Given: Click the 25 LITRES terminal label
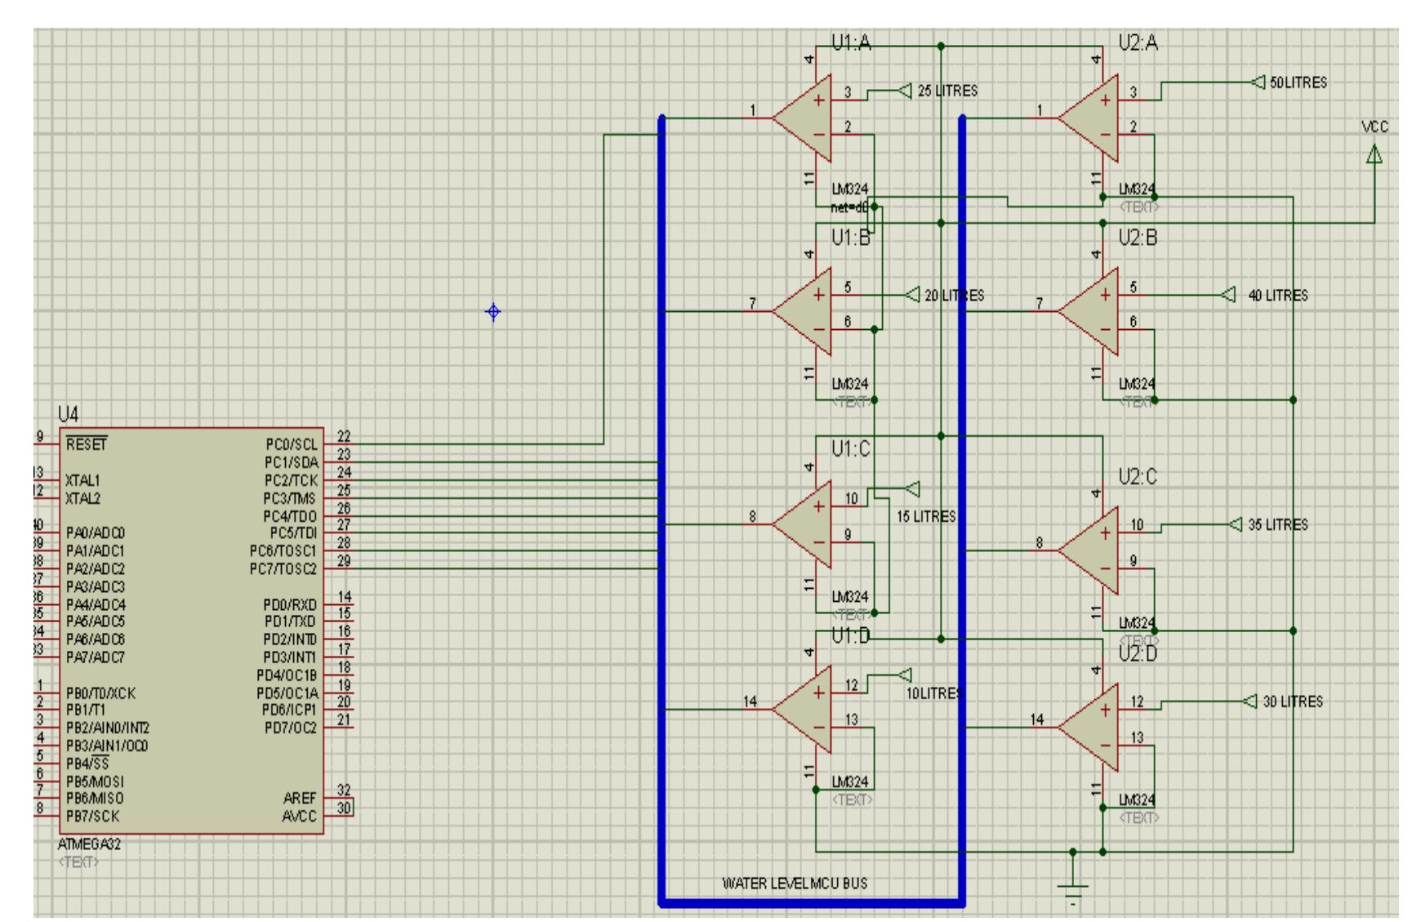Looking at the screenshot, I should [947, 91].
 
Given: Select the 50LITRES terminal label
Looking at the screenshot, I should [1298, 82].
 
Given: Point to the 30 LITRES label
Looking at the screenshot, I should [1293, 702].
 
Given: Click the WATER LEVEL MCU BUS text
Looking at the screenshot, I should [794, 883].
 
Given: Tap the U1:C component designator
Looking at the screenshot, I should [851, 449].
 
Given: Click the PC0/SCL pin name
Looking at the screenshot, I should [291, 445].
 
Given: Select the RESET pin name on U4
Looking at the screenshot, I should [87, 445].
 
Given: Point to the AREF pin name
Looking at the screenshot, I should [300, 798].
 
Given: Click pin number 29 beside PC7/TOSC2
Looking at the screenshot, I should [344, 561].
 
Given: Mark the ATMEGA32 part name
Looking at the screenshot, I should [89, 844].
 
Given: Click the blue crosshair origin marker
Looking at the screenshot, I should [493, 312].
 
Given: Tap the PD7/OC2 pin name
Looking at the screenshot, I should [290, 728].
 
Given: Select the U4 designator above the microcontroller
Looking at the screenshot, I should [69, 414].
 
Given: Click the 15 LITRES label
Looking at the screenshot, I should [925, 517].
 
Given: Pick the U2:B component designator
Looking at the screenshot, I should [1138, 238].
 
